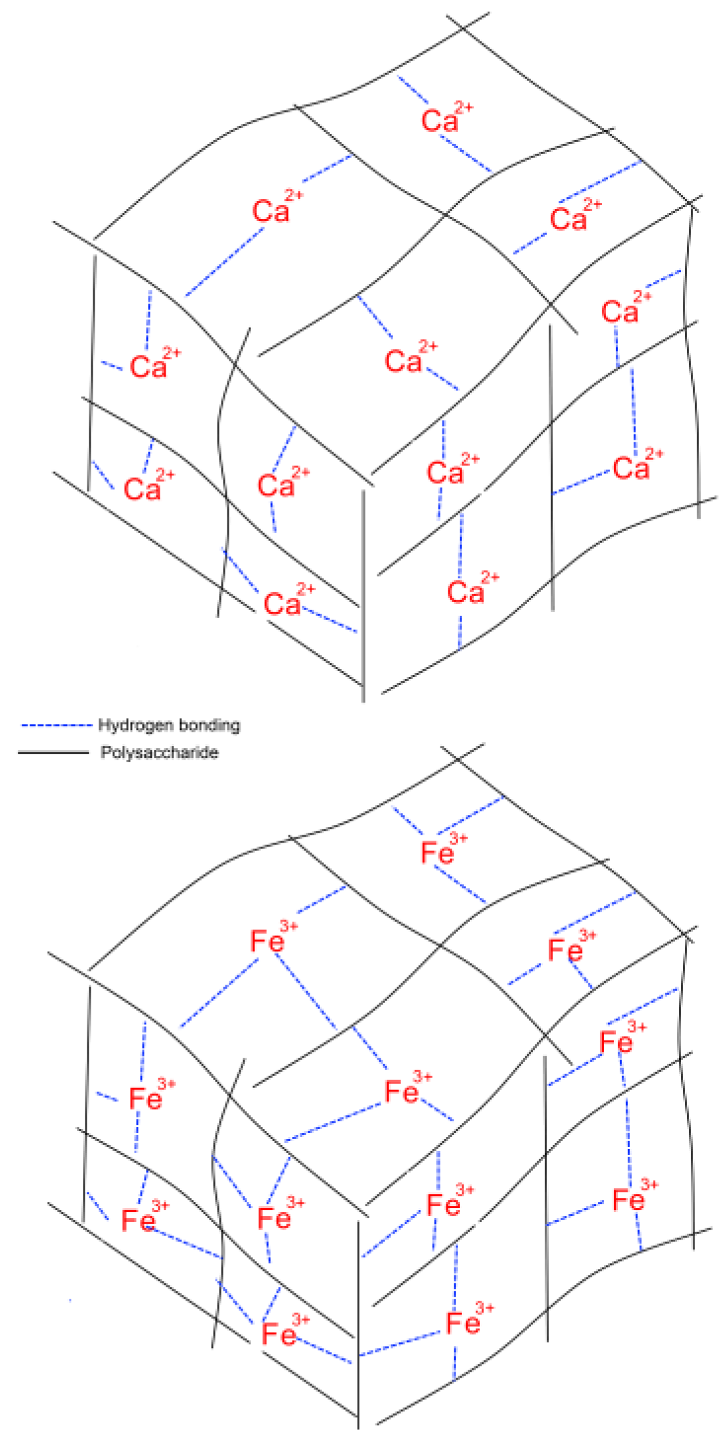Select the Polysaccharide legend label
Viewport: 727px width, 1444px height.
click(159, 753)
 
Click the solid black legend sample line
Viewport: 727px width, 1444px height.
click(53, 753)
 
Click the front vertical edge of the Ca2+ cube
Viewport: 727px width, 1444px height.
click(363, 592)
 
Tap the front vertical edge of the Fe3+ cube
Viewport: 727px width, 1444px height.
click(358, 1321)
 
